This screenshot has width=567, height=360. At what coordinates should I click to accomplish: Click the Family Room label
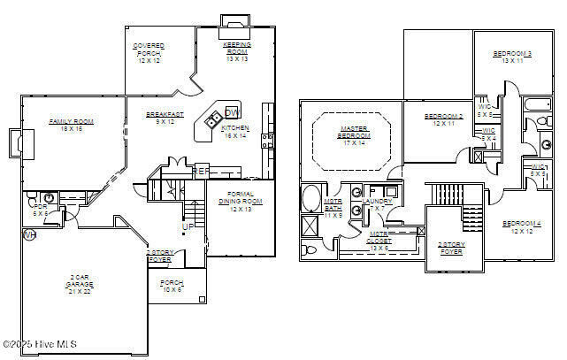(x=72, y=125)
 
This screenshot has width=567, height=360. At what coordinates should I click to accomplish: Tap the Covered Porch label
(x=148, y=54)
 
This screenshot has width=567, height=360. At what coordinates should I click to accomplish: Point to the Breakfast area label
(x=165, y=118)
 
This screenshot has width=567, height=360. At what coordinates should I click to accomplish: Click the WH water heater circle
(x=28, y=235)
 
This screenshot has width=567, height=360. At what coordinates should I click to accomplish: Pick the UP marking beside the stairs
(x=188, y=227)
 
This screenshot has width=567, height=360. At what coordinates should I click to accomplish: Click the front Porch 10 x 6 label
(x=171, y=286)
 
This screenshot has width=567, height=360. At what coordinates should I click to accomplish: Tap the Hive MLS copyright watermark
(x=40, y=344)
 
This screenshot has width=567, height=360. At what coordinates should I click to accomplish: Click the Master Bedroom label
(x=354, y=136)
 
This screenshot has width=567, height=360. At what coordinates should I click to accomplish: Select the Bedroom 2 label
(x=443, y=119)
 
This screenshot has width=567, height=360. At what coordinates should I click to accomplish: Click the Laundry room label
(x=378, y=204)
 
